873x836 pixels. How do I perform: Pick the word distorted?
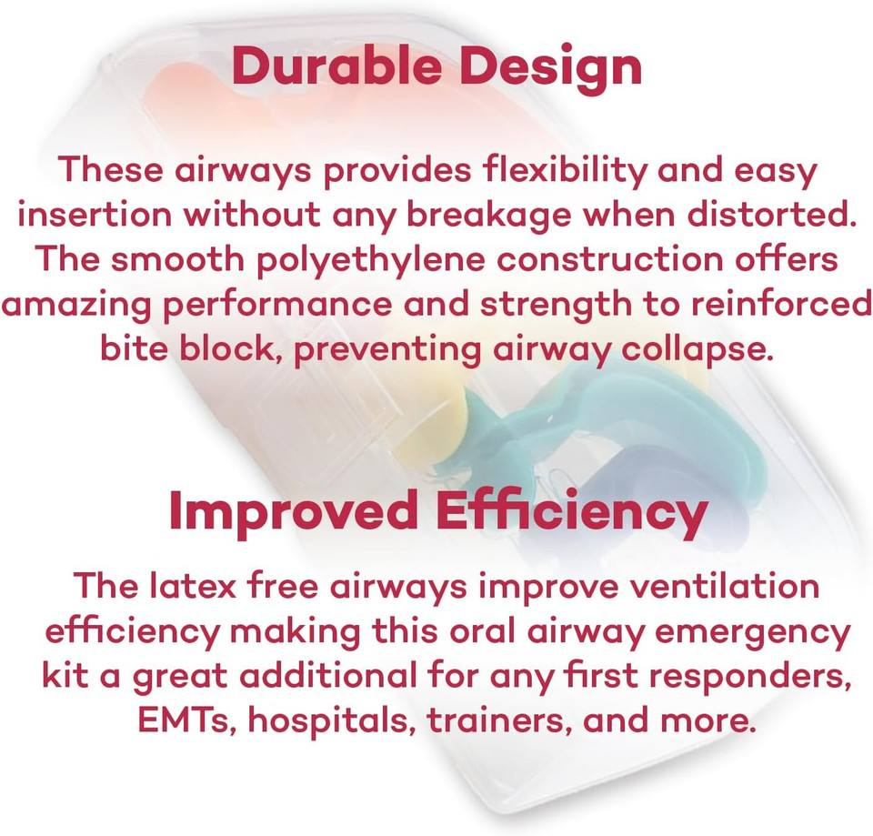[778, 215]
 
